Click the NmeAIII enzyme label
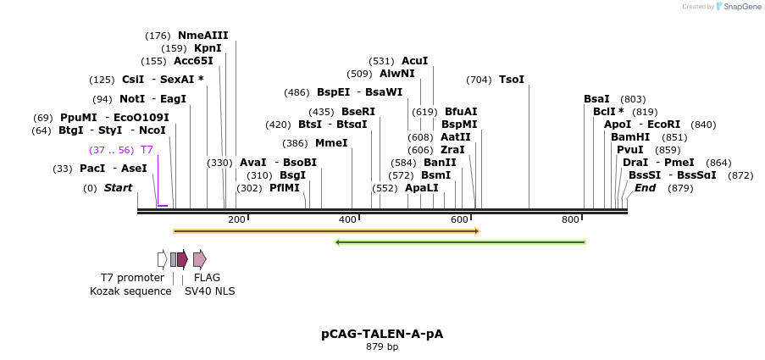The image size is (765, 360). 202,36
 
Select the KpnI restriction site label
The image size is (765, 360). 208,48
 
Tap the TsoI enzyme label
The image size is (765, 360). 512,80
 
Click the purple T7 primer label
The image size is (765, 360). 147,150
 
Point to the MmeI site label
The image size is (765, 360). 331,143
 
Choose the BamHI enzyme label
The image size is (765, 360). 630,137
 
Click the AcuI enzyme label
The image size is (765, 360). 414,61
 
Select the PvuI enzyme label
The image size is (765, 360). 629,150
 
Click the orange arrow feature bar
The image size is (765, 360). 326,230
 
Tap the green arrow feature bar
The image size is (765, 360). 461,242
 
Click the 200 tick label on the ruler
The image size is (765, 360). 236,219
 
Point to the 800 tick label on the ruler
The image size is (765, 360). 570,219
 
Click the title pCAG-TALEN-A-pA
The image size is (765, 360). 382,334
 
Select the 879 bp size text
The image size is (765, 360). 382,347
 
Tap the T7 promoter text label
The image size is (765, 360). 132,278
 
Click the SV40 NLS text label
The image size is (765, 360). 210,291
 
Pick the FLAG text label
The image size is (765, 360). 207,278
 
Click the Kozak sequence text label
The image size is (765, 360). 130,291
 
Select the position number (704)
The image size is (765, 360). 479,80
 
